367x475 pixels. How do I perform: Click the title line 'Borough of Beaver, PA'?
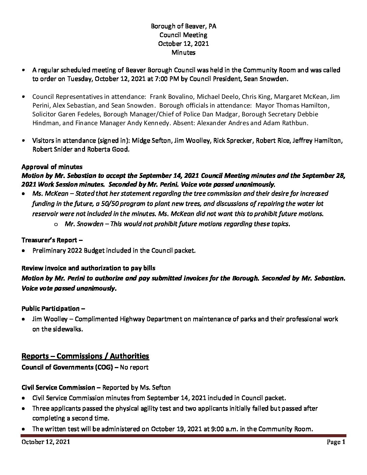click(x=183, y=26)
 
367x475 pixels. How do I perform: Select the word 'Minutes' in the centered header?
click(x=183, y=52)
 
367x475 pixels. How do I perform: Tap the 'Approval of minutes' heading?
click(x=52, y=167)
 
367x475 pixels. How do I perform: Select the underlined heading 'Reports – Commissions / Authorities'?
click(x=85, y=356)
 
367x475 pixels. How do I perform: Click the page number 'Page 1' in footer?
click(x=336, y=442)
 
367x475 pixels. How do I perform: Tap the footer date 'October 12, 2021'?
click(x=46, y=442)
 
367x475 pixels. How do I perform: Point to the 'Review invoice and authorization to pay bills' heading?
click(x=88, y=268)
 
